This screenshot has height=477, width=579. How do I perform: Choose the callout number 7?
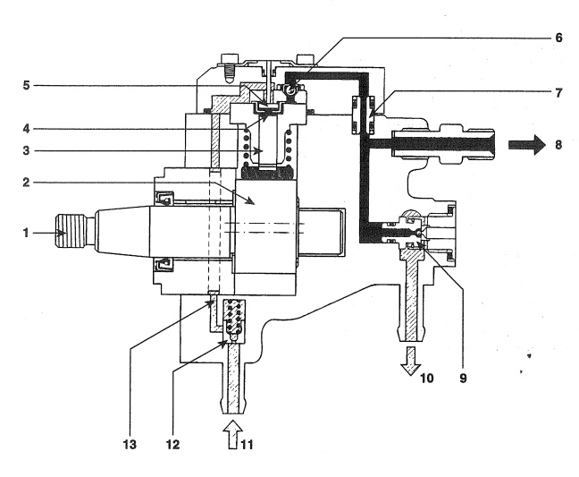point(559,92)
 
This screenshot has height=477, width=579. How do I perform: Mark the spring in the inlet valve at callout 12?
point(236,317)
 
